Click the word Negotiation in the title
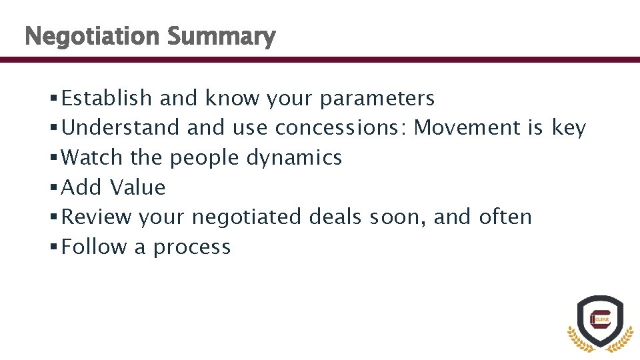(x=92, y=36)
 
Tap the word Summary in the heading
(x=221, y=37)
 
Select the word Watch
(x=92, y=158)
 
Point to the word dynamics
(x=295, y=159)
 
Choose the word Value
(x=138, y=187)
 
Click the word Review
(x=97, y=217)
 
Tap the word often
(x=505, y=217)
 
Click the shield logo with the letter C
(x=600, y=321)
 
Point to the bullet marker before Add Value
(x=53, y=188)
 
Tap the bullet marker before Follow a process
(x=53, y=247)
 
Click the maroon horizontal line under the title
(x=320, y=59)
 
